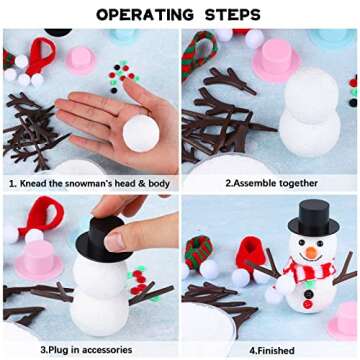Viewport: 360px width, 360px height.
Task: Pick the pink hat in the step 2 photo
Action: point(271,60)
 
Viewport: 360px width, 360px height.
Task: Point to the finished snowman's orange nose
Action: point(311,252)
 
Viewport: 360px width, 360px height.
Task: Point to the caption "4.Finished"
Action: point(268,350)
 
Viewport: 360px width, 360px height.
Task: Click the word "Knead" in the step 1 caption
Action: point(39,183)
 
